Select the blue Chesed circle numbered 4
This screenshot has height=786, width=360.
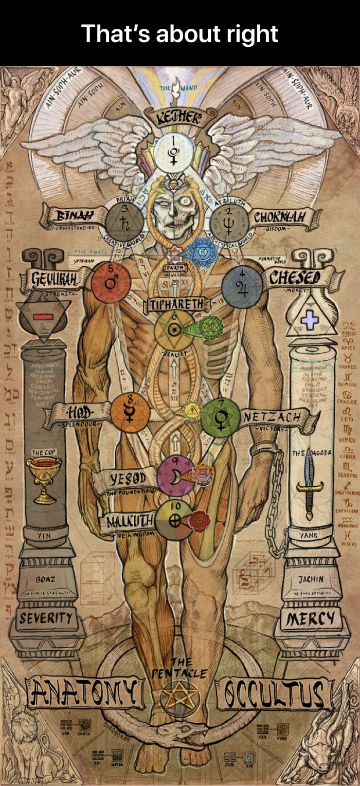(242, 286)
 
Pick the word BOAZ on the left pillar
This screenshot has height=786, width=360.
(45, 579)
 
